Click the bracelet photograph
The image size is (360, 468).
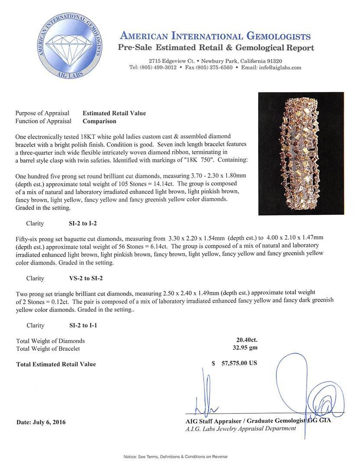301,153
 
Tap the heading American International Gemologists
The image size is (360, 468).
215,36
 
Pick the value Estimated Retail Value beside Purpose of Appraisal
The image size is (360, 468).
114,113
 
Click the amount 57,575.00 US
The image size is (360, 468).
238,363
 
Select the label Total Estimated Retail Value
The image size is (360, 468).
56,364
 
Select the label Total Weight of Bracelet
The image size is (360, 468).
48,348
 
